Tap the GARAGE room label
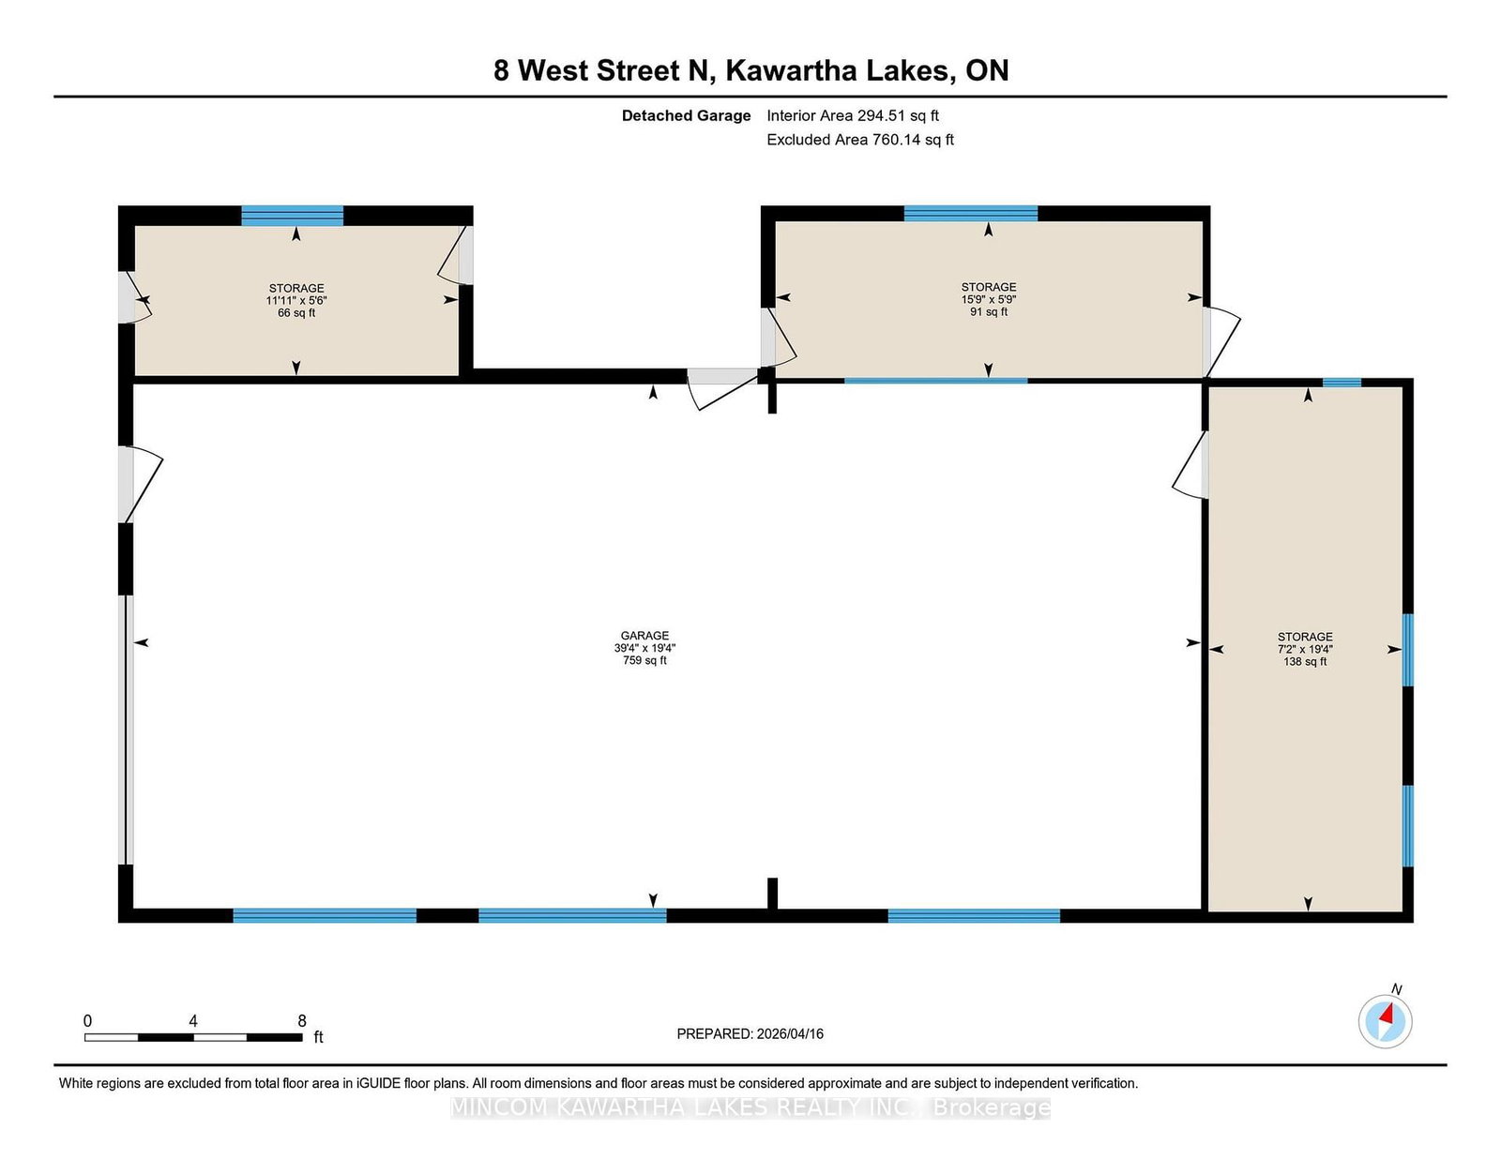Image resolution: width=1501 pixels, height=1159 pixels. coord(644,635)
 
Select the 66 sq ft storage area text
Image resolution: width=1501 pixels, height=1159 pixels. coord(296,313)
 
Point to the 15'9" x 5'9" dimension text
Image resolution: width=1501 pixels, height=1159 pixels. coord(989,299)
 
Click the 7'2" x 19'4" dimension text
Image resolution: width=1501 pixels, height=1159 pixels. coord(1305,649)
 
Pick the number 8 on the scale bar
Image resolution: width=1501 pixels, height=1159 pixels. coord(302,1021)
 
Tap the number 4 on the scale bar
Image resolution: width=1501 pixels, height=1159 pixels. coord(193,1021)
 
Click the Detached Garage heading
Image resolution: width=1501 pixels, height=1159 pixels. coord(686,116)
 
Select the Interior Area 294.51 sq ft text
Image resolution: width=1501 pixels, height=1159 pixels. coord(853,116)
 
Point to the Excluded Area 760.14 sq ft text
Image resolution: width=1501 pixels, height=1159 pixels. coord(860,140)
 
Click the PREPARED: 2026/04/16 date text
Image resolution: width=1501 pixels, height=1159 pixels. coord(750,1033)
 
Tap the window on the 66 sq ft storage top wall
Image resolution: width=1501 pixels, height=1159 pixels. coord(292,216)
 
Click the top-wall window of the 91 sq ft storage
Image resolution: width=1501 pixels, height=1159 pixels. coord(971,214)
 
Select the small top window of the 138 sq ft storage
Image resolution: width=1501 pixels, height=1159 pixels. coord(1342,383)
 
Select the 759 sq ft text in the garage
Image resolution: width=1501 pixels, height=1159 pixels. coord(644,660)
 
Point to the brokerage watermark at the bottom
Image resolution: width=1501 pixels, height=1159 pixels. coord(750,1107)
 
